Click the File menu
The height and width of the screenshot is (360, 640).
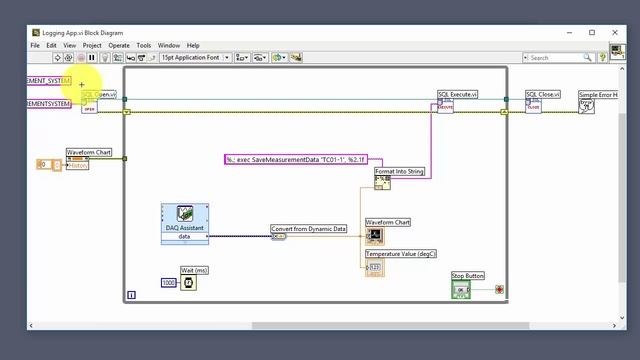(35, 45)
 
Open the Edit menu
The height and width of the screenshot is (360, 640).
(51, 45)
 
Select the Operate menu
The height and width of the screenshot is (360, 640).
(119, 45)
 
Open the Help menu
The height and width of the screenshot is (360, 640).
(193, 45)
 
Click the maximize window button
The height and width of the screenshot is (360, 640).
(591, 32)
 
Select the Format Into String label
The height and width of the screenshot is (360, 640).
(400, 172)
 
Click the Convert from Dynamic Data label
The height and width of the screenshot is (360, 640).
(309, 229)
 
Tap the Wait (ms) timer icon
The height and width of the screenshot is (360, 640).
(189, 283)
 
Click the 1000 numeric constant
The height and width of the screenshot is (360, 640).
(169, 283)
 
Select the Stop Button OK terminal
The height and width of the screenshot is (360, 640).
(461, 290)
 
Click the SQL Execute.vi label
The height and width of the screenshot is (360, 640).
(458, 94)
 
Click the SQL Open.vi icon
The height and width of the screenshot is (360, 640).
(89, 106)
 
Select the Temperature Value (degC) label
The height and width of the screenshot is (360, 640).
(401, 254)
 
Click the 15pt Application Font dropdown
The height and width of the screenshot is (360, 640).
(195, 58)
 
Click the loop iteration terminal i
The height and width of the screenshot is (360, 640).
(131, 295)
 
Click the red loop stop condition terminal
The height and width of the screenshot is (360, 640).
(499, 290)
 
